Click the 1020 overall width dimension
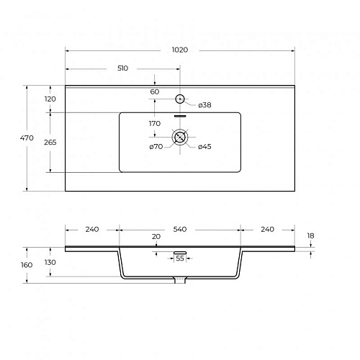point(180,50)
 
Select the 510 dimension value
point(122,68)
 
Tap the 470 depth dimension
point(27,138)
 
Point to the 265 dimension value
point(50,143)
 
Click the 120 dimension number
point(50,99)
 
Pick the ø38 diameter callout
point(204,105)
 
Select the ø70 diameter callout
point(156,146)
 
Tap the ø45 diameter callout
point(204,146)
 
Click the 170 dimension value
point(155,124)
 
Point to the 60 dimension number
point(155,91)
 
